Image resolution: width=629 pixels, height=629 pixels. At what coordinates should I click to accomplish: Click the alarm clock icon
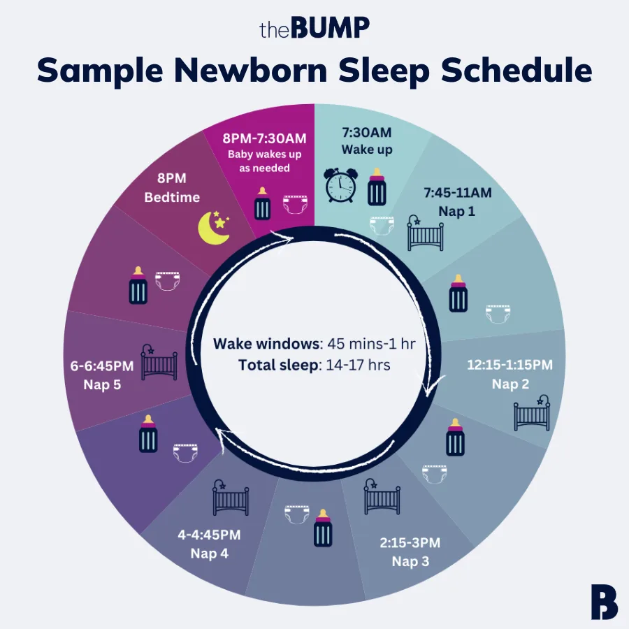340,187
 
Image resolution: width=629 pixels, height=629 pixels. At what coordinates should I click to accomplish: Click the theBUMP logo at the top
314,29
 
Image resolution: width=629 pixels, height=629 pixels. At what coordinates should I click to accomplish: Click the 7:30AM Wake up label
367,140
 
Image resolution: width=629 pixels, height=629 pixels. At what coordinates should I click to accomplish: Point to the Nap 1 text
457,210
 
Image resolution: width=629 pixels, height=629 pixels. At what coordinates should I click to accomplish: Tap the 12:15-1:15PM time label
509,365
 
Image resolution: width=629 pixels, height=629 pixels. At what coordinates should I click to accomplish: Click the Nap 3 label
411,561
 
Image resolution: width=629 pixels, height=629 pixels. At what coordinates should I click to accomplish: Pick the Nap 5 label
102,385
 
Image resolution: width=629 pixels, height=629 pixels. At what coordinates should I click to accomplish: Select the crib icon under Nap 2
532,414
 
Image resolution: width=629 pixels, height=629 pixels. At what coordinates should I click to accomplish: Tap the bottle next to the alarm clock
377,187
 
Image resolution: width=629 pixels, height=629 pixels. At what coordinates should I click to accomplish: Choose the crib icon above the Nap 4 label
230,498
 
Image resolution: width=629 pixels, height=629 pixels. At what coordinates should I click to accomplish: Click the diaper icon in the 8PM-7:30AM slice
294,205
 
